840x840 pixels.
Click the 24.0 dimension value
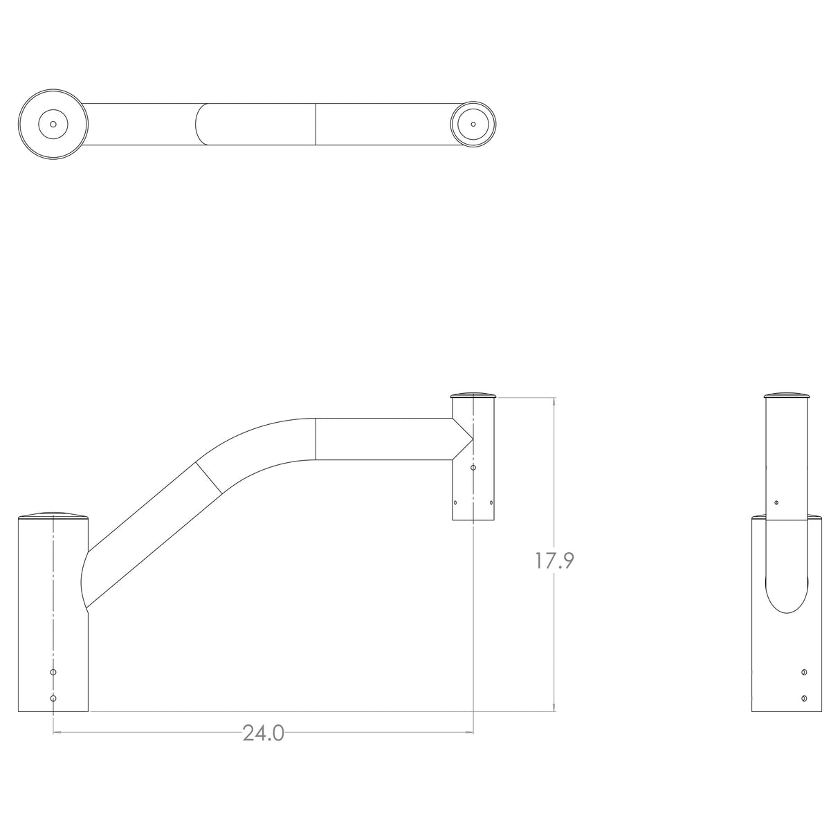click(263, 733)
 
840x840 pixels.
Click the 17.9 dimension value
click(554, 560)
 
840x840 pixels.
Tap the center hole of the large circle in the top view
click(53, 125)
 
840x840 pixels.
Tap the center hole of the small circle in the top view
click(473, 125)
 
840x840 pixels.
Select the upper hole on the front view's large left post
click(53, 672)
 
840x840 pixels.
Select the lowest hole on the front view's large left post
click(53, 698)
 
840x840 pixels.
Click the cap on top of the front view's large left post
click(53, 515)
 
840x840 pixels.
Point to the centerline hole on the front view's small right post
click(473, 468)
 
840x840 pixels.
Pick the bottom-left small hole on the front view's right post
click(455, 503)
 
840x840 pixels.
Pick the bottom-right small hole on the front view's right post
click(491, 503)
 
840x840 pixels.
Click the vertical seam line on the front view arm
click(316, 439)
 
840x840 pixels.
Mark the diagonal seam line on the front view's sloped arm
click(208, 477)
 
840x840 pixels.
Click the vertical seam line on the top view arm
click(316, 125)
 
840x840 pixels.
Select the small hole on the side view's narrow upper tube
click(776, 502)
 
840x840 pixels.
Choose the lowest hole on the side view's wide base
click(803, 698)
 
